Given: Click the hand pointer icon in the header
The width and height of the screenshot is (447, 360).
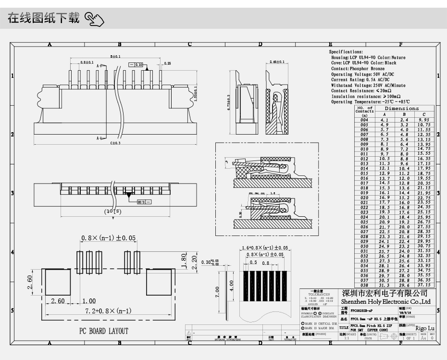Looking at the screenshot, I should (x=94, y=20).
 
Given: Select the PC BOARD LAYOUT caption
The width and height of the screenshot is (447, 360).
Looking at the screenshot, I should (x=103, y=331).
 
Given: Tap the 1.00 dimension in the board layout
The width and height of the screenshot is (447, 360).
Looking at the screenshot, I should (x=88, y=301).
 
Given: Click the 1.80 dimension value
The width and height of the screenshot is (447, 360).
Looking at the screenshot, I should (x=183, y=260).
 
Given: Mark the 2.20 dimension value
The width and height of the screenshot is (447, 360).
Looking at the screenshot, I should (x=194, y=261).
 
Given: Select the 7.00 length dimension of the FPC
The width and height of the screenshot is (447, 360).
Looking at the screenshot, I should (x=218, y=290).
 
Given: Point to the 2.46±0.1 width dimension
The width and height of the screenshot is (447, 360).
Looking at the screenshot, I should (x=277, y=62).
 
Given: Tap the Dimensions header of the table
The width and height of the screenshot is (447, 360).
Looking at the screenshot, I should (x=401, y=109).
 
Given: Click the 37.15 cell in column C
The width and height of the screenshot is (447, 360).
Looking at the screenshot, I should (x=423, y=285).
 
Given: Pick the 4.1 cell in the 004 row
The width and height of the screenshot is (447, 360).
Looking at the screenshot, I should (x=384, y=120).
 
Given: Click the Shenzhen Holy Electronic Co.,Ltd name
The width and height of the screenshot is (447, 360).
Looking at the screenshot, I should (x=385, y=301).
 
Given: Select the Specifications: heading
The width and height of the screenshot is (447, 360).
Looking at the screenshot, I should (x=346, y=51).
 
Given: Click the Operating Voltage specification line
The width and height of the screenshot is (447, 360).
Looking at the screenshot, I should (x=362, y=74).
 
